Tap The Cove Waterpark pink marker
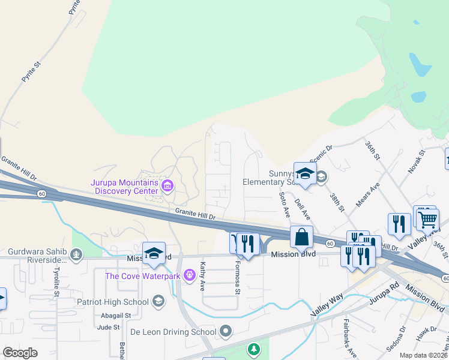point(190,276)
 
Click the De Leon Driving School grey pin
point(226,331)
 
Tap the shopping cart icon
point(427,220)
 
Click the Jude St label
point(109,327)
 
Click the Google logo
point(20,353)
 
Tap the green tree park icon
point(255,349)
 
